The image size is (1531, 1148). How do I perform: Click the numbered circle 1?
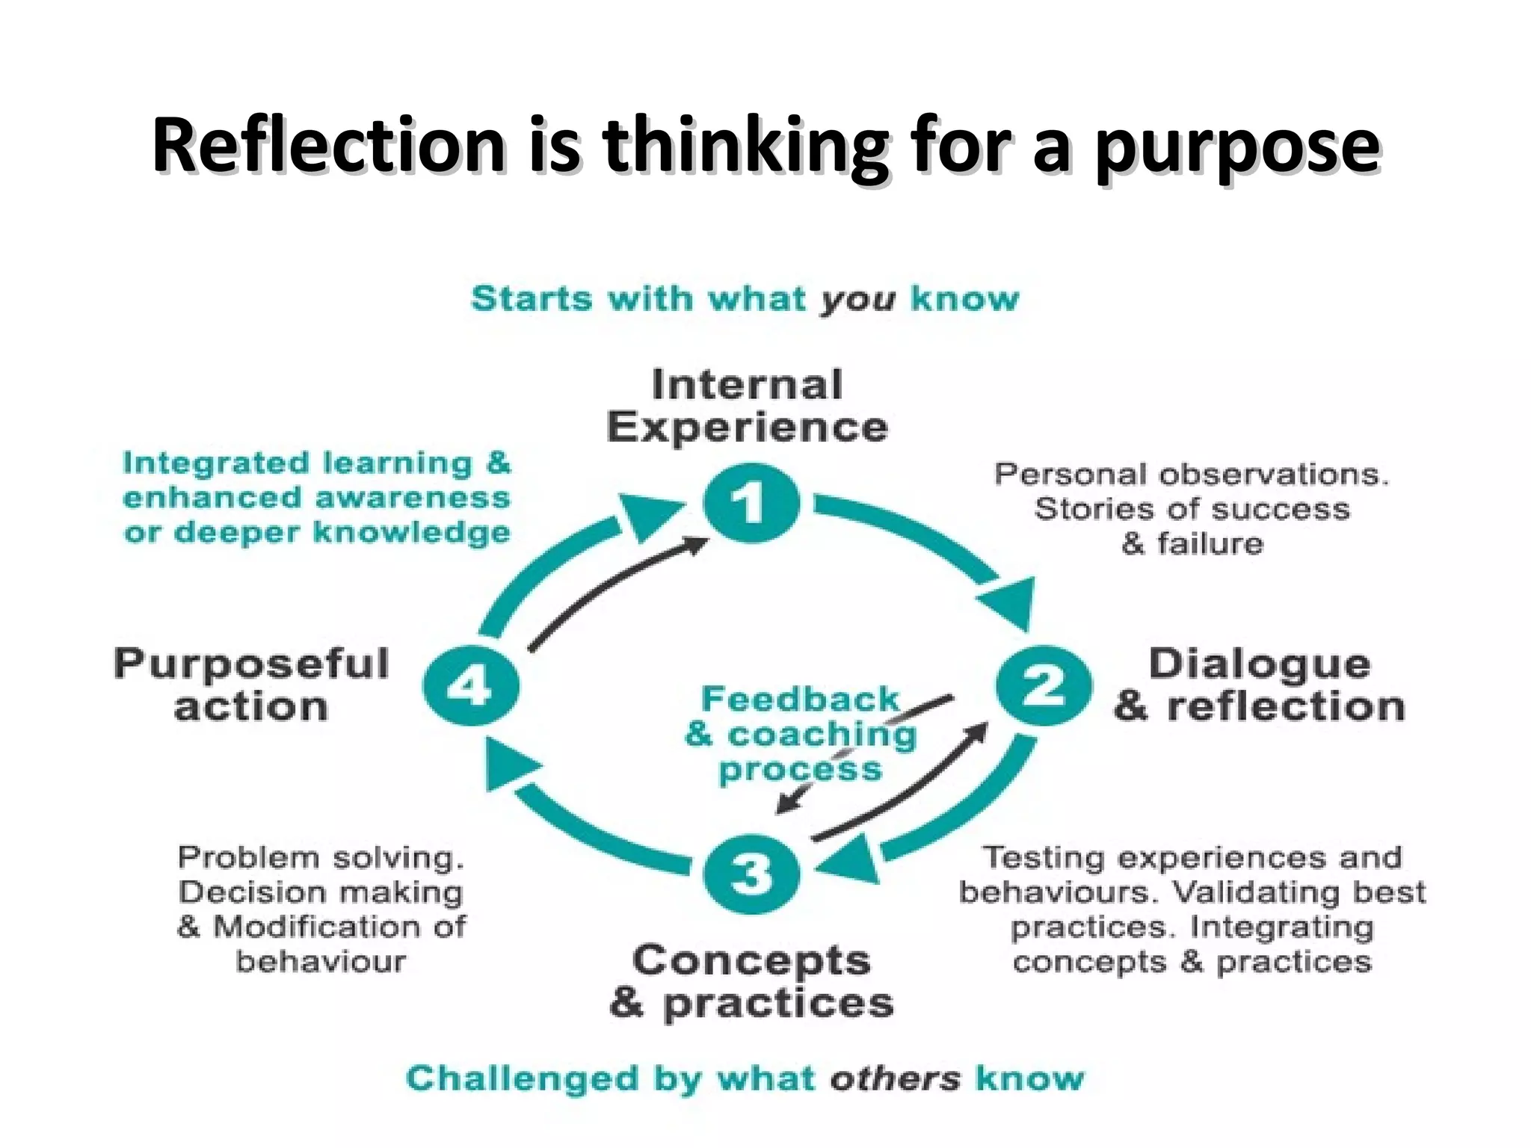tap(751, 502)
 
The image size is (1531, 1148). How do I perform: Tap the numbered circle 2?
tap(1044, 685)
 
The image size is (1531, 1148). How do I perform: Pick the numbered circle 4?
tap(471, 685)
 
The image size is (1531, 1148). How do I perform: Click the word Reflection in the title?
tap(329, 145)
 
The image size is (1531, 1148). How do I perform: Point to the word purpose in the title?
tap(1237, 145)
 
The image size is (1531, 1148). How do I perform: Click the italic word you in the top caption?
tap(857, 299)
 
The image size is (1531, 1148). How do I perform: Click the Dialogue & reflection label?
tap(1260, 685)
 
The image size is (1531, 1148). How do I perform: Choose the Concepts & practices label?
tap(751, 981)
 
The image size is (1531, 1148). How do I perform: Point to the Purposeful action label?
tap(251, 685)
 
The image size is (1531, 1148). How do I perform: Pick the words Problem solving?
tap(321, 857)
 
